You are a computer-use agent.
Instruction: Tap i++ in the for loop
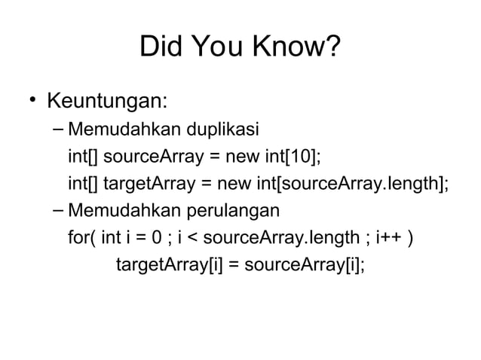pyautogui.click(x=388, y=239)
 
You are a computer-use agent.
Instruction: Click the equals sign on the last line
pyautogui.click(x=234, y=265)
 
